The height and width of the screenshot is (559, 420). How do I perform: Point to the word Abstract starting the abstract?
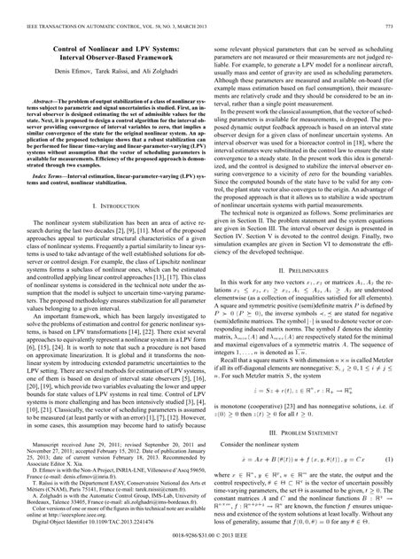click(x=43, y=102)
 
